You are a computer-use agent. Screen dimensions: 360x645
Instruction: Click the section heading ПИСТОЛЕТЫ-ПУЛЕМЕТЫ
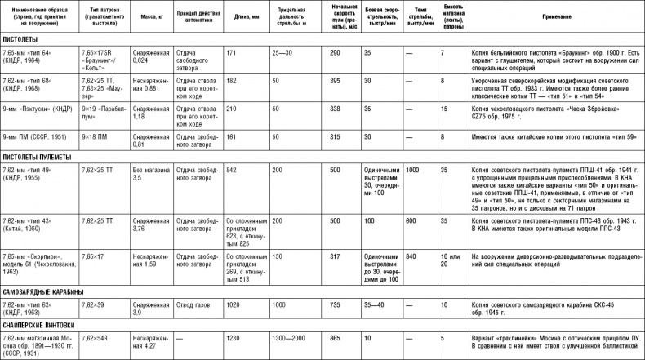(39, 157)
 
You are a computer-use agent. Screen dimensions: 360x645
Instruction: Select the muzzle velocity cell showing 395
(334, 82)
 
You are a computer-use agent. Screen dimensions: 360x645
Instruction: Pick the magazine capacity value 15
(443, 107)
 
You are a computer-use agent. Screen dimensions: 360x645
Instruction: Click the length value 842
(231, 168)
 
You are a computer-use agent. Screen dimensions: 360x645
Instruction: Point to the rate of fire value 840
(411, 256)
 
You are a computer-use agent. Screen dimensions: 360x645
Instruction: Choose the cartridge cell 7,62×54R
(95, 338)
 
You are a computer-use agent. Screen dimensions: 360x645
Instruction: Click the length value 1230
(233, 338)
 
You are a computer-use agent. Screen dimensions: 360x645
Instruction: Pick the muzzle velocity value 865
(334, 338)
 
